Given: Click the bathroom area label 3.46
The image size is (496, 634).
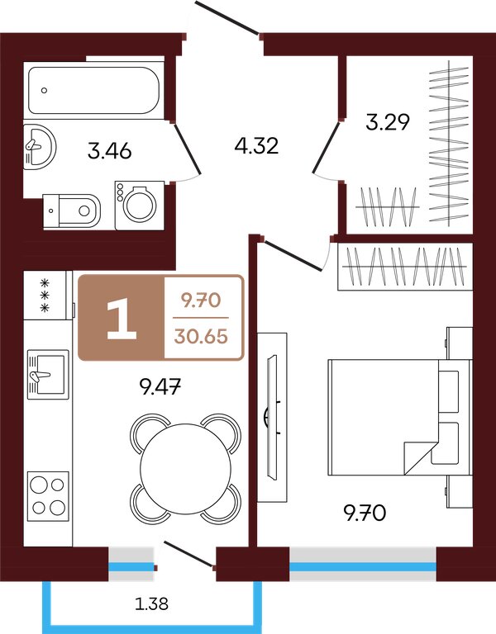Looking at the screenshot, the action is tap(110, 151).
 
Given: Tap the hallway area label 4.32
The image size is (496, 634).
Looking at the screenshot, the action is tap(257, 145).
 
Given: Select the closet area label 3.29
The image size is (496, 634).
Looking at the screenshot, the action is tap(388, 122).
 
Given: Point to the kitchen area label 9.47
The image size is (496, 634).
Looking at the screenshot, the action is tap(160, 387).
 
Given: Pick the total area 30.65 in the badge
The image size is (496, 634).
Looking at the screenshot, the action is tap(201, 336).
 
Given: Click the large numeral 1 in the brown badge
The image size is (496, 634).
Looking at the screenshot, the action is tap(121, 319).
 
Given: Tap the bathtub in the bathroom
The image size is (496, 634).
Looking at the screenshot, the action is tap(93, 90).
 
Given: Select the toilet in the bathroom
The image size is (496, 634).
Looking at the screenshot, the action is tap(72, 211).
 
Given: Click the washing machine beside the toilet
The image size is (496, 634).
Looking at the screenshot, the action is tap(139, 206).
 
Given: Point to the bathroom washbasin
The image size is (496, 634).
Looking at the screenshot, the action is tap(39, 146).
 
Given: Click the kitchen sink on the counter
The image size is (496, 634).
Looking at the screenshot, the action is tap(47, 375).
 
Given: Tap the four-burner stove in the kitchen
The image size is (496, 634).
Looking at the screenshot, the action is tap(48, 495).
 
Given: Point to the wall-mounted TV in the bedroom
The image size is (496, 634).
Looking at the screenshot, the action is tap(272, 417).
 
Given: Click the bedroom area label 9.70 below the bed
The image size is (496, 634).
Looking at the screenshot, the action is tap(365, 513).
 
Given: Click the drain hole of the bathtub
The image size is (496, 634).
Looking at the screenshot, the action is tap(44, 91).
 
